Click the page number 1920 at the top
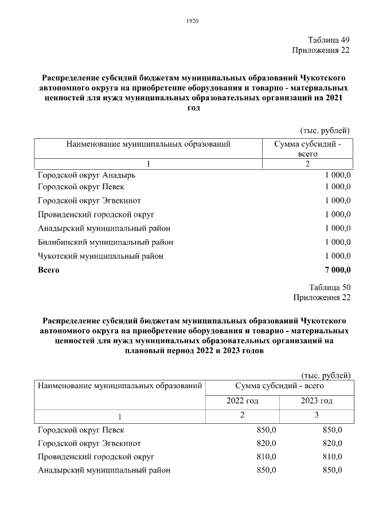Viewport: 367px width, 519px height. click(x=193, y=22)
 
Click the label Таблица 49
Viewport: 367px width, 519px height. click(x=329, y=40)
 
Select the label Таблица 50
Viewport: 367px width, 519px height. click(x=329, y=287)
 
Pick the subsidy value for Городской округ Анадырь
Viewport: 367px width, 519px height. click(x=337, y=175)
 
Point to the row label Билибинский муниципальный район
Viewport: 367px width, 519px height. click(x=106, y=242)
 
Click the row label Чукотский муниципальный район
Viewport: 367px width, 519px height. click(x=100, y=256)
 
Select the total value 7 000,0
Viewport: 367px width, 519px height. click(x=338, y=270)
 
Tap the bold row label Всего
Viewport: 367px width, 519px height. click(x=48, y=270)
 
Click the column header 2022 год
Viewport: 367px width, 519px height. click(x=243, y=401)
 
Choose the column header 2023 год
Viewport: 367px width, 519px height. click(x=317, y=401)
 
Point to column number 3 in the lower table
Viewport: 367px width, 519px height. click(x=317, y=415)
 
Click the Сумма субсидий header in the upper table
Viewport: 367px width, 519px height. click(x=307, y=149)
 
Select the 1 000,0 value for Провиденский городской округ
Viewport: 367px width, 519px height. click(x=337, y=214)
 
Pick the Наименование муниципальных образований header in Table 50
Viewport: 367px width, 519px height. click(x=120, y=386)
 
